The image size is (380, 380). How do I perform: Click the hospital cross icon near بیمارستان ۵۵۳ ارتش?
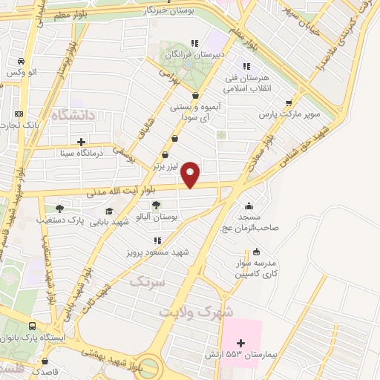tap(240, 342)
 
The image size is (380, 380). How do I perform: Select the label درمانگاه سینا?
tap(80, 153)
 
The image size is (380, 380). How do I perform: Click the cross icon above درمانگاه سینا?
tap(81, 141)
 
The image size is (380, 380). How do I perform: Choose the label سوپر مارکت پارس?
tap(289, 115)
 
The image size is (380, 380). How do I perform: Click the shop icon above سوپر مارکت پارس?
tap(289, 103)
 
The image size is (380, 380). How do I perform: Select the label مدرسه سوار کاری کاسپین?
tap(256, 269)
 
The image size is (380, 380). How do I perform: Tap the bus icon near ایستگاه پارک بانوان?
tap(32, 327)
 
